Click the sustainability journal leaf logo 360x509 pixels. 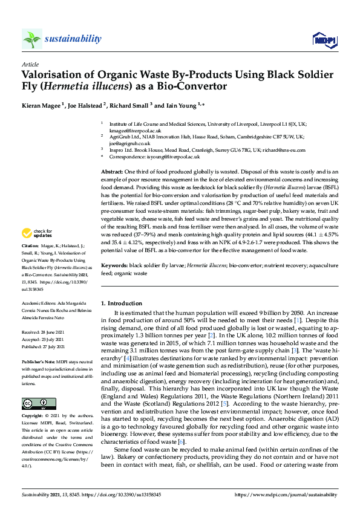tap(31, 39)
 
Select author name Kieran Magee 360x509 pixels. tap(42, 105)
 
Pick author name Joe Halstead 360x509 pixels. tap(88, 105)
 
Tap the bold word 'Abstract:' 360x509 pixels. tap(112, 172)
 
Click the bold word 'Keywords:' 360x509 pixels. tap(114, 265)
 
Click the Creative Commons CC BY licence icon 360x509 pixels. tap(34, 386)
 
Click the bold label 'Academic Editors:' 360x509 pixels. tap(40, 301)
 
